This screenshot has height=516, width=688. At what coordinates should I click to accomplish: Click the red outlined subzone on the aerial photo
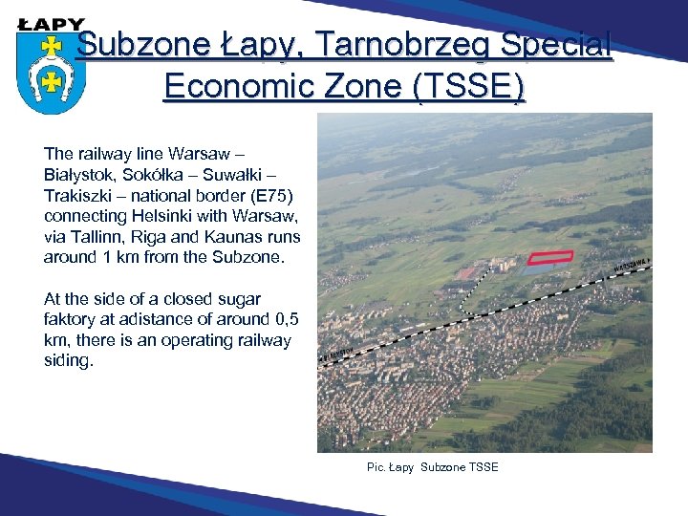click(551, 256)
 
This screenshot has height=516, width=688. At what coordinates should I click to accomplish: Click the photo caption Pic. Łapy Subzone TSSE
click(432, 466)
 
